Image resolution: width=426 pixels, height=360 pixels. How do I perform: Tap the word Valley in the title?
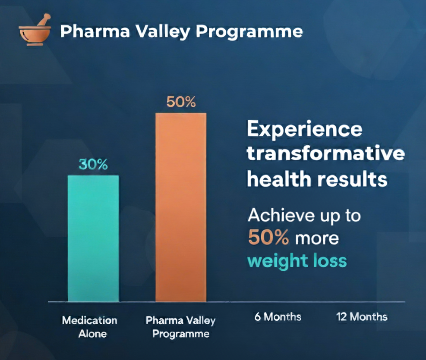point(163,32)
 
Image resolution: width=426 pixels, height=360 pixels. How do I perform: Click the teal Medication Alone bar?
point(93,238)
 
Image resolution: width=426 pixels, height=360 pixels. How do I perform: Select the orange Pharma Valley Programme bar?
point(181,207)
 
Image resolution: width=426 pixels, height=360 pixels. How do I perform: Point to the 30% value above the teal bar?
point(93,164)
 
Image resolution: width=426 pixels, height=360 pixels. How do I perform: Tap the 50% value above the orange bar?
point(181,102)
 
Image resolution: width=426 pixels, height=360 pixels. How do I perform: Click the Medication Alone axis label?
point(90,327)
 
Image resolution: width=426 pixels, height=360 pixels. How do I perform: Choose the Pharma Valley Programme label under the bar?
point(181,327)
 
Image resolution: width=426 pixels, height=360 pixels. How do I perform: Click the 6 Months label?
point(278,316)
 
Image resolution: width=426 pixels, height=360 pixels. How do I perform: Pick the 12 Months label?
point(362,316)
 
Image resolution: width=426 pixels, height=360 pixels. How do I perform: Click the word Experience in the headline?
point(305,130)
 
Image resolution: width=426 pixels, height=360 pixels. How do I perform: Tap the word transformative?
point(326,153)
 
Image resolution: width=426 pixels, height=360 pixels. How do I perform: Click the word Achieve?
point(281,216)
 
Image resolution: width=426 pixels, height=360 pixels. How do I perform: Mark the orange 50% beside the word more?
point(268,238)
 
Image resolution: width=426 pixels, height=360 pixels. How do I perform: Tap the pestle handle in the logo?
point(44,20)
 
